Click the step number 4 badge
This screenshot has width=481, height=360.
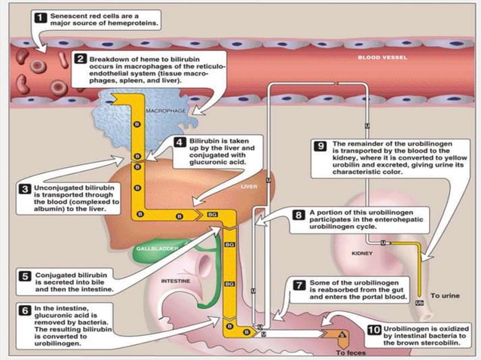click(179, 141)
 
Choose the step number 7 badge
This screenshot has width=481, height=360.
click(299, 285)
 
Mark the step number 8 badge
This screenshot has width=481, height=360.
click(299, 215)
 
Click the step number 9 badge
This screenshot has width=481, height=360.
click(320, 142)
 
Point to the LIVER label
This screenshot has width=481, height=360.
click(249, 185)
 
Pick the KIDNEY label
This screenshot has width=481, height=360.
click(363, 254)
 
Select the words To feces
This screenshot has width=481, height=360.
click(350, 352)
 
